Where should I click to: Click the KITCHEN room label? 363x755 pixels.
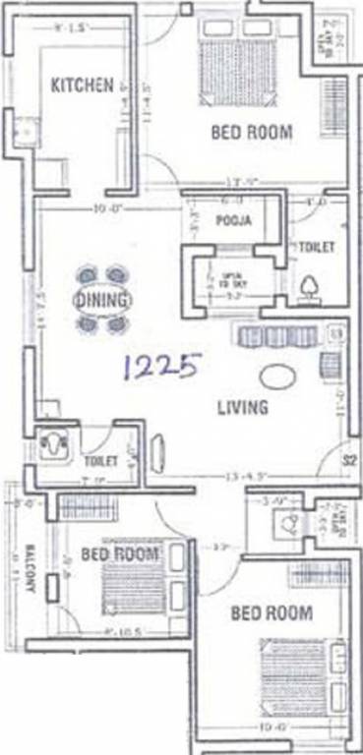tap(82, 86)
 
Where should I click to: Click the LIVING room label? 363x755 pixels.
tap(242, 406)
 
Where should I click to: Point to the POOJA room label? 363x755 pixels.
tap(235, 221)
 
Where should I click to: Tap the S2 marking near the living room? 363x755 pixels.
tap(348, 458)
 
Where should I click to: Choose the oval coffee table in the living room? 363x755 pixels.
tap(276, 377)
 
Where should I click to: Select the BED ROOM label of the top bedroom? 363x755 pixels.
tap(252, 133)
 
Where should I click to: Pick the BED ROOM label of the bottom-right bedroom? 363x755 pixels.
tap(271, 613)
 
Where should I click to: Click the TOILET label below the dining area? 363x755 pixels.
tap(101, 460)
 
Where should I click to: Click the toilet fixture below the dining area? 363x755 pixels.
tap(53, 445)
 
